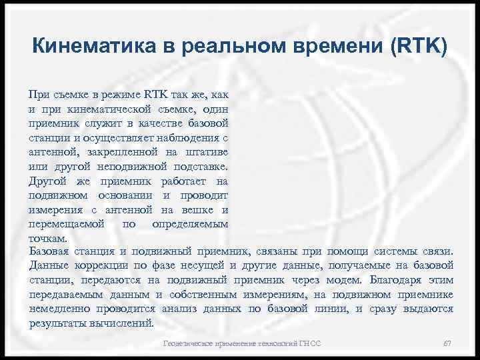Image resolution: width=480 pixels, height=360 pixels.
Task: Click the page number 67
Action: coord(447,344)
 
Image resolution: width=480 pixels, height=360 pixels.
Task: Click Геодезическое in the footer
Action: coord(188,344)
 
